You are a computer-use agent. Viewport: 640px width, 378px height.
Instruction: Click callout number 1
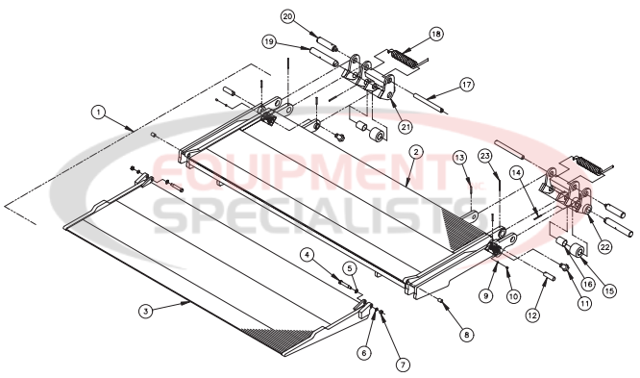click(98, 112)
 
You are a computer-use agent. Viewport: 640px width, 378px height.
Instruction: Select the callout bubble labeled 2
click(414, 152)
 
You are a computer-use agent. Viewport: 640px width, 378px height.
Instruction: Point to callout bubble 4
click(307, 255)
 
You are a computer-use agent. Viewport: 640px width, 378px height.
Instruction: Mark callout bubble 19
click(270, 42)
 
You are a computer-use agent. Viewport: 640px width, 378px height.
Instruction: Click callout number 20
click(288, 16)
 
